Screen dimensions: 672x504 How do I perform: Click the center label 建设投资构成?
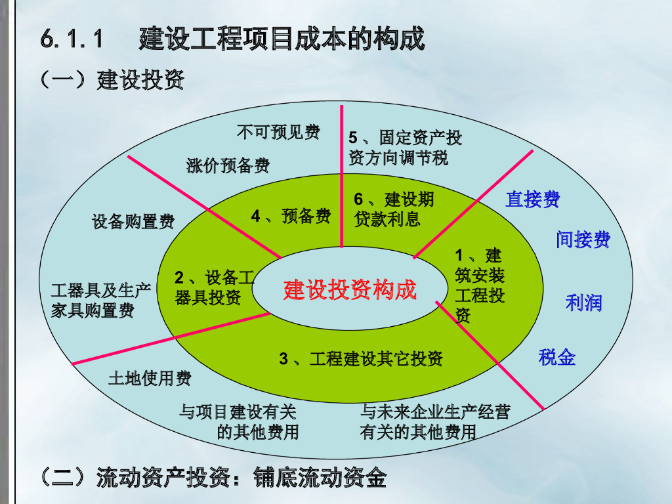pyautogui.click(x=350, y=289)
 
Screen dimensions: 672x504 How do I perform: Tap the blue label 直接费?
pyautogui.click(x=532, y=199)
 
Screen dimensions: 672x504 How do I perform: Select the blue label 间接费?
pyautogui.click(x=583, y=240)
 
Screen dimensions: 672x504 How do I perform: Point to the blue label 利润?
pyautogui.click(x=583, y=303)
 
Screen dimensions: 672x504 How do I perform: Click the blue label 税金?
pyautogui.click(x=556, y=357)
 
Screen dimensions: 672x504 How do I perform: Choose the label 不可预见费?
pyautogui.click(x=278, y=132)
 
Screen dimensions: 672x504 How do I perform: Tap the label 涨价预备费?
pyautogui.click(x=228, y=165)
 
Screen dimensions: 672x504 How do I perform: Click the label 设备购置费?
pyautogui.click(x=133, y=221)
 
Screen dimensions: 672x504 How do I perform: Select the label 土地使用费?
pyautogui.click(x=150, y=379)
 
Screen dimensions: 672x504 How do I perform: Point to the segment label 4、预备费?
pyautogui.click(x=291, y=216)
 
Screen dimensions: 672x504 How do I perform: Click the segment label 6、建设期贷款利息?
pyautogui.click(x=393, y=209)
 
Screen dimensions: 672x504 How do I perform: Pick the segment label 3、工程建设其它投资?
pyautogui.click(x=361, y=358)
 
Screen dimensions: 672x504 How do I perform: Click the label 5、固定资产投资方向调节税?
pyautogui.click(x=405, y=148)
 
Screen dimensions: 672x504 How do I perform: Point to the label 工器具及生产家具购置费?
pyautogui.click(x=101, y=301)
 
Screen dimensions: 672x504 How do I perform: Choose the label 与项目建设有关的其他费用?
pyautogui.click(x=239, y=422)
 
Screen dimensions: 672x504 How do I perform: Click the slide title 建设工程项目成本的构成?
pyautogui.click(x=282, y=39)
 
